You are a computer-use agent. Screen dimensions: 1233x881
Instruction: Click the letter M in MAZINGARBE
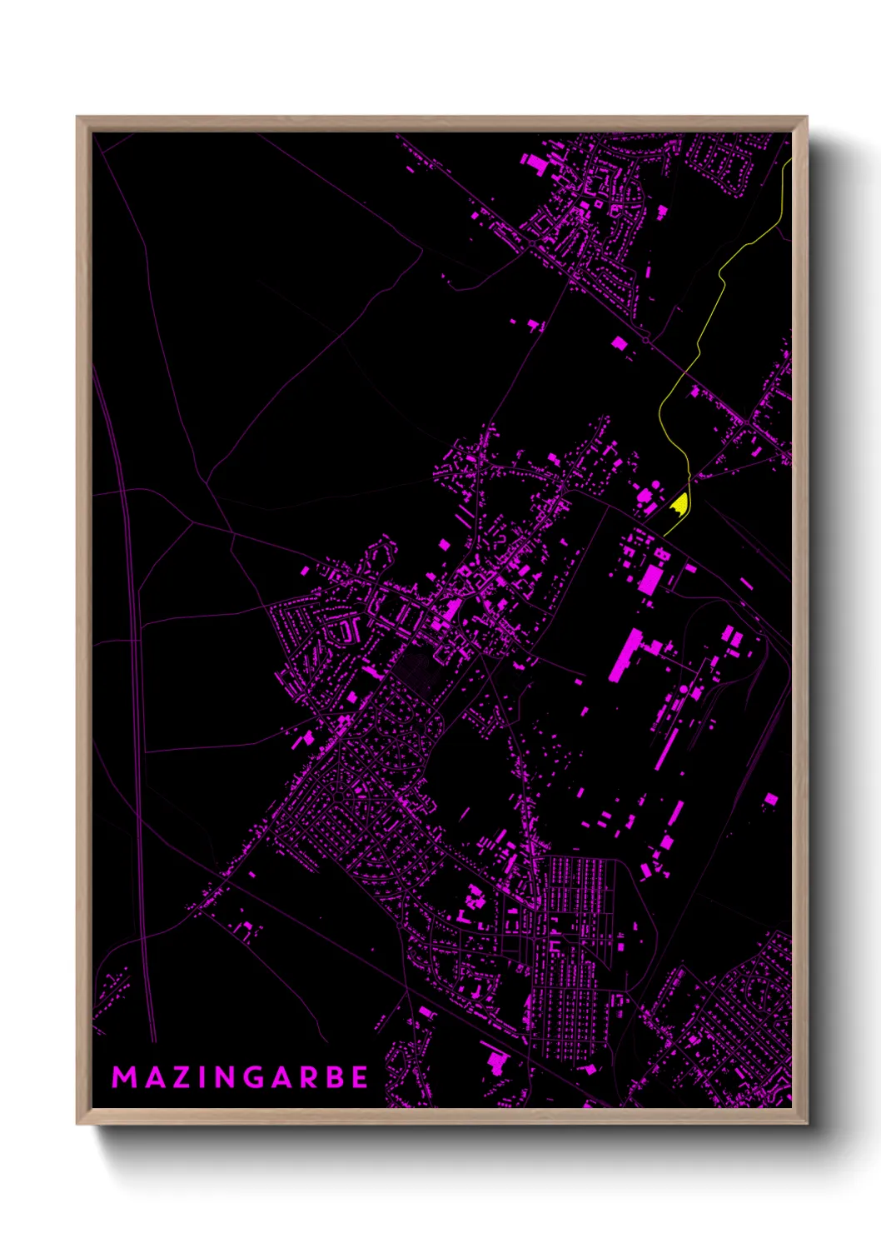click(124, 1077)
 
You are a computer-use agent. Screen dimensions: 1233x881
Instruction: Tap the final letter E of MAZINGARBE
click(360, 1077)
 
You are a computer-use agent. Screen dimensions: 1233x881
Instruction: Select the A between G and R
click(284, 1077)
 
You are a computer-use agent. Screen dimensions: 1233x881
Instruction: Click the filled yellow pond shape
click(680, 504)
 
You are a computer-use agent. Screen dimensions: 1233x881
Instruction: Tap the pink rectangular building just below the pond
click(650, 578)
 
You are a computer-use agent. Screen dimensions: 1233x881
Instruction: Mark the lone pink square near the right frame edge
click(771, 799)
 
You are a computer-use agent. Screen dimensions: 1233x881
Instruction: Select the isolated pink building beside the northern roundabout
click(619, 342)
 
